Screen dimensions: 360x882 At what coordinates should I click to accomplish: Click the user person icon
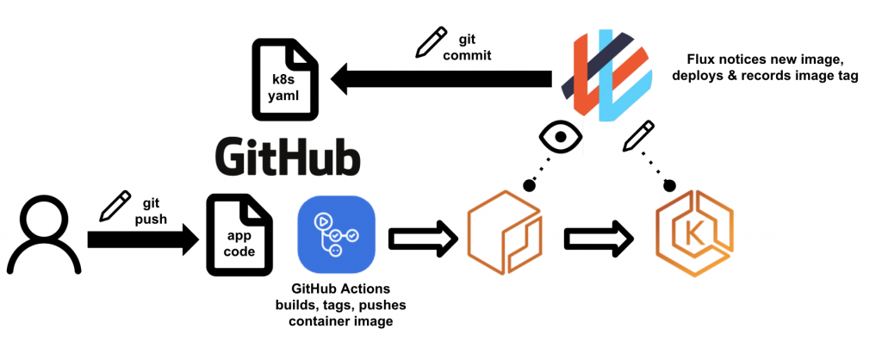[x=44, y=234]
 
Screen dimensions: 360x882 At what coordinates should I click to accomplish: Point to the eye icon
[x=561, y=136]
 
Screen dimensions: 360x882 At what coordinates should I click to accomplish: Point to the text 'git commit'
[x=468, y=47]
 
